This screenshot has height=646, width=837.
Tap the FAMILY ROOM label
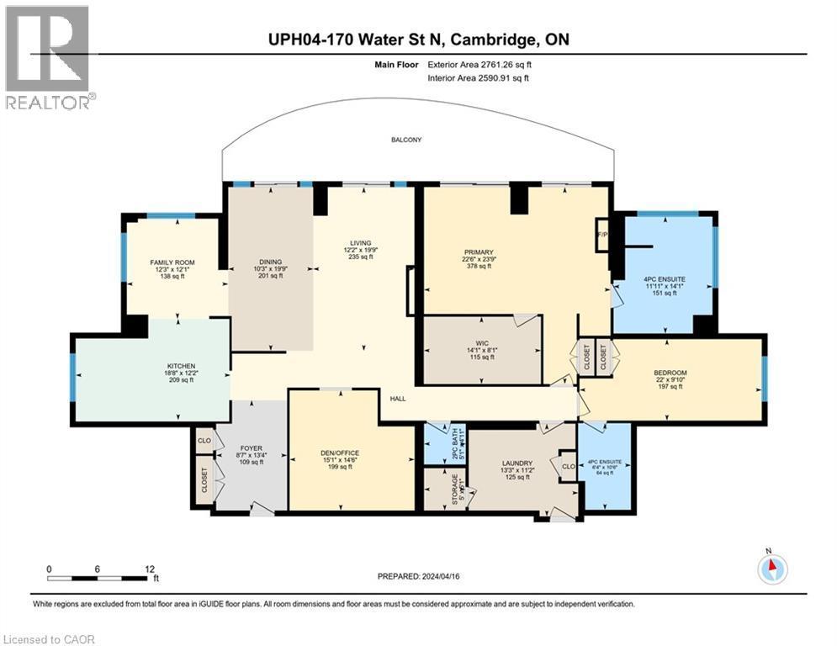tap(172, 262)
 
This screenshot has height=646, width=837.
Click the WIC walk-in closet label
tap(481, 342)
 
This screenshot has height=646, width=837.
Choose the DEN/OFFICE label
tap(341, 459)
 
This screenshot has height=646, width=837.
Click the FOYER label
tap(252, 447)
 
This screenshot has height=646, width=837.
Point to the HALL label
tap(398, 399)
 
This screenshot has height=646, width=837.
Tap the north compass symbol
tap(771, 569)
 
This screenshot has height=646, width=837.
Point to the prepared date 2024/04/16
tap(442, 575)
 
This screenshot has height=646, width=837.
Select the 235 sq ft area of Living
tap(361, 257)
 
